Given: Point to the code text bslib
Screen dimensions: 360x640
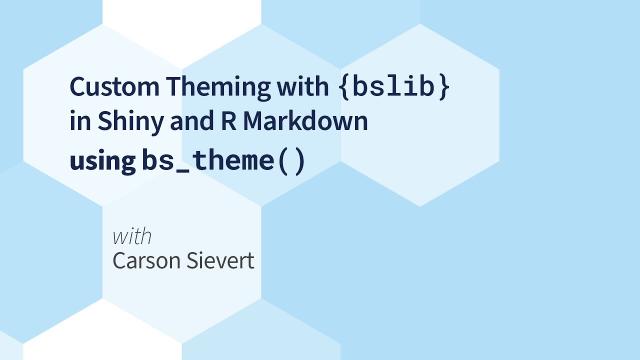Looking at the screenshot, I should pyautogui.click(x=394, y=88).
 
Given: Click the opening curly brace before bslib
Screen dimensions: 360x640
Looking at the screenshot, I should pyautogui.click(x=345, y=89).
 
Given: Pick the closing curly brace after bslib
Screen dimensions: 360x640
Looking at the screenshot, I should pyautogui.click(x=443, y=89).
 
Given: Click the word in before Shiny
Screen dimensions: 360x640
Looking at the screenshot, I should pyautogui.click(x=78, y=123).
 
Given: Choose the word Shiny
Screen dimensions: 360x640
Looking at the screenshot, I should pyautogui.click(x=117, y=124).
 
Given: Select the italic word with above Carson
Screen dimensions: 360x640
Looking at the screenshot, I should pyautogui.click(x=132, y=237).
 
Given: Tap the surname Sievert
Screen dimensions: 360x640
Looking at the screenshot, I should pyautogui.click(x=222, y=262).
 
